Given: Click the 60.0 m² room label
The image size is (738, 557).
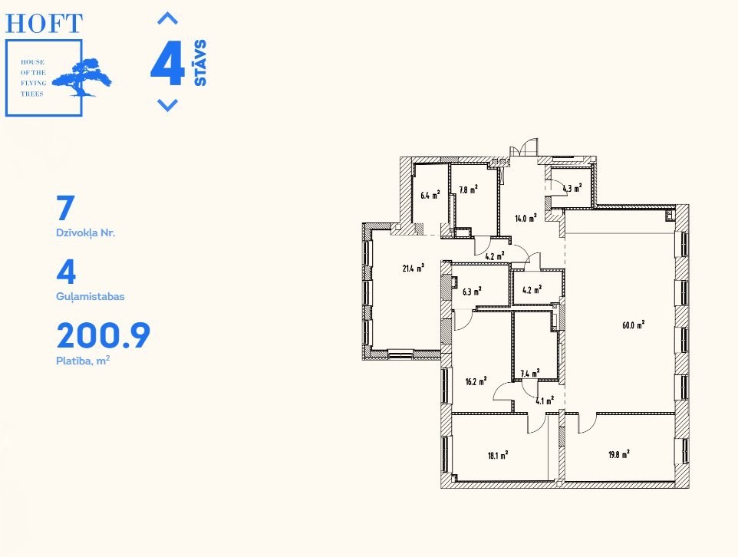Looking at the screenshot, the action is tap(633, 325).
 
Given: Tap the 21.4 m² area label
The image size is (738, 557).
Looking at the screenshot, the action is tap(413, 269).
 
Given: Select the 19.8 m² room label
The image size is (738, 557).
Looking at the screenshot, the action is tap(619, 455).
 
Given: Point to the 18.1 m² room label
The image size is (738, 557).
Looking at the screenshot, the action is tap(498, 455).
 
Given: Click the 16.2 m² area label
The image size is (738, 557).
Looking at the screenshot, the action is tap(476, 381).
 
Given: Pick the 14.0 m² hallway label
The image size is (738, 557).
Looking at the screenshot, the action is tap(525, 218).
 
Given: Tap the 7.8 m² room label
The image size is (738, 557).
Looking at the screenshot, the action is tap(468, 190).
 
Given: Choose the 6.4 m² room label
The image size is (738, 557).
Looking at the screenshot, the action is tap(430, 194).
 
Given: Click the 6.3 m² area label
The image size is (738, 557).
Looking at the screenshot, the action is tap(472, 292).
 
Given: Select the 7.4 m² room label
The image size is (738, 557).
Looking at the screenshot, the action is tap(530, 374).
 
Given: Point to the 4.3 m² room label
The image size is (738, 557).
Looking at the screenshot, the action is tap(572, 188).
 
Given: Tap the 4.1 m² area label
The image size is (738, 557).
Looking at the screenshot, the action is tap(545, 401).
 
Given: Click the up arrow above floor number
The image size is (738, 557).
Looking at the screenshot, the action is tap(167, 19).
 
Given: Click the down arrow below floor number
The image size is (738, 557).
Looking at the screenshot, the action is tap(167, 104).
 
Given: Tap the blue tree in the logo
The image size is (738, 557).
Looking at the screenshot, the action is tap(82, 77).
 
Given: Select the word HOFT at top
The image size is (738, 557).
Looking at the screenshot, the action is tap(44, 24).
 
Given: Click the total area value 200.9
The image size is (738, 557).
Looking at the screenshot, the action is tap(103, 335).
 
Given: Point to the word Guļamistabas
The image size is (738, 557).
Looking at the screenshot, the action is tap(91, 297).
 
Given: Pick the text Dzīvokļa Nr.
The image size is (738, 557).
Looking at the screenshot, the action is tap(86, 232).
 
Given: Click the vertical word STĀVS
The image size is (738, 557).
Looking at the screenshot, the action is tap(200, 63).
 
